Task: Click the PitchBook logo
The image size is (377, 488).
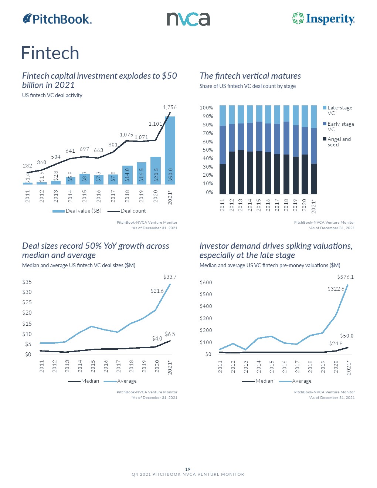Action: click(x=57, y=19)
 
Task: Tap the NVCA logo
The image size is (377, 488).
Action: click(x=188, y=19)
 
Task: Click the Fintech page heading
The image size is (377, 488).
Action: click(x=50, y=53)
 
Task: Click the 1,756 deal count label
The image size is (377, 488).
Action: click(x=170, y=107)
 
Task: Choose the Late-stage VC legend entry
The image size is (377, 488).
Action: click(x=339, y=110)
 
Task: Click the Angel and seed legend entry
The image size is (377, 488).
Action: click(x=339, y=142)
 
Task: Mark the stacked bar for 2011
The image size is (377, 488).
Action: click(x=223, y=149)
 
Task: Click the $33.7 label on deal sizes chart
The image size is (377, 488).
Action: click(x=170, y=277)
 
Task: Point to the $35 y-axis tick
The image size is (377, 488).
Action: click(x=27, y=282)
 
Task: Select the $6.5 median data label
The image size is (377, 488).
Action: click(x=170, y=334)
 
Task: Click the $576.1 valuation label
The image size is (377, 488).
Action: click(x=345, y=277)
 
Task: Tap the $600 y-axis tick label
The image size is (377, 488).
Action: click(x=206, y=282)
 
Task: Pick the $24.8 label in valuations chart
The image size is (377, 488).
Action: click(x=336, y=343)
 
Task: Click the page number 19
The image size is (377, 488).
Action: click(x=188, y=469)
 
